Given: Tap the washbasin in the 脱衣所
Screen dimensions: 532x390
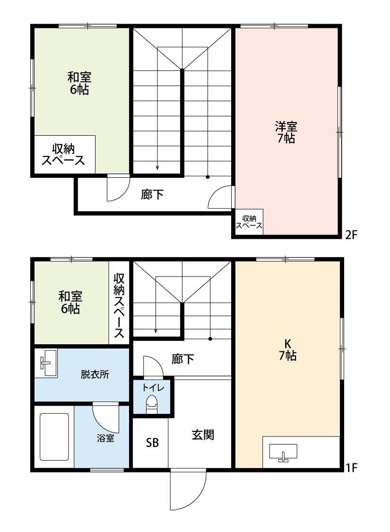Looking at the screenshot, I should (46, 363).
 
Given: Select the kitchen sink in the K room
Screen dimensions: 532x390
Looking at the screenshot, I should (283, 453).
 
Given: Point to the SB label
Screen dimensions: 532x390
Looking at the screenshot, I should (152, 443).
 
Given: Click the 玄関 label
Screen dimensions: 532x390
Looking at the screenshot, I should (203, 435).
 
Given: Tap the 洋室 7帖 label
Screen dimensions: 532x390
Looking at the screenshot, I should (286, 132).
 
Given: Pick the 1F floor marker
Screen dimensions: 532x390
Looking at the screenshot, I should (350, 468).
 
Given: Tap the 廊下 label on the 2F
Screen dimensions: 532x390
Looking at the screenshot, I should (152, 194).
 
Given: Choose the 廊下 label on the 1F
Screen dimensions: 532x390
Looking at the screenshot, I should (182, 359).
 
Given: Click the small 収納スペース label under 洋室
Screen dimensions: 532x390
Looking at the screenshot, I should (249, 222).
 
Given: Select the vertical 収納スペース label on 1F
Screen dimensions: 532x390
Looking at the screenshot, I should (119, 305).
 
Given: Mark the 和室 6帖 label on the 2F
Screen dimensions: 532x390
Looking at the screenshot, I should (79, 83).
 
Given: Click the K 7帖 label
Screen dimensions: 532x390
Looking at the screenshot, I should (287, 350).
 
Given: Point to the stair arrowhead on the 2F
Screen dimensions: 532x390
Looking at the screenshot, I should (157, 167).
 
